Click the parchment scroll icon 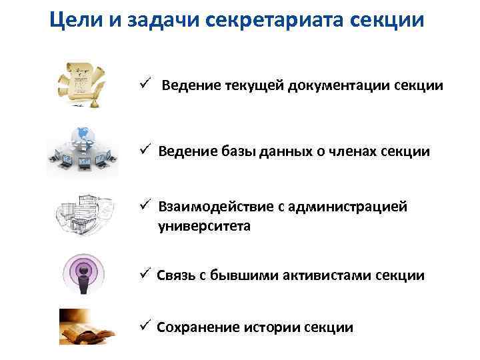[83, 84]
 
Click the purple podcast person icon [84, 273]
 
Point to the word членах [353, 151]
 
